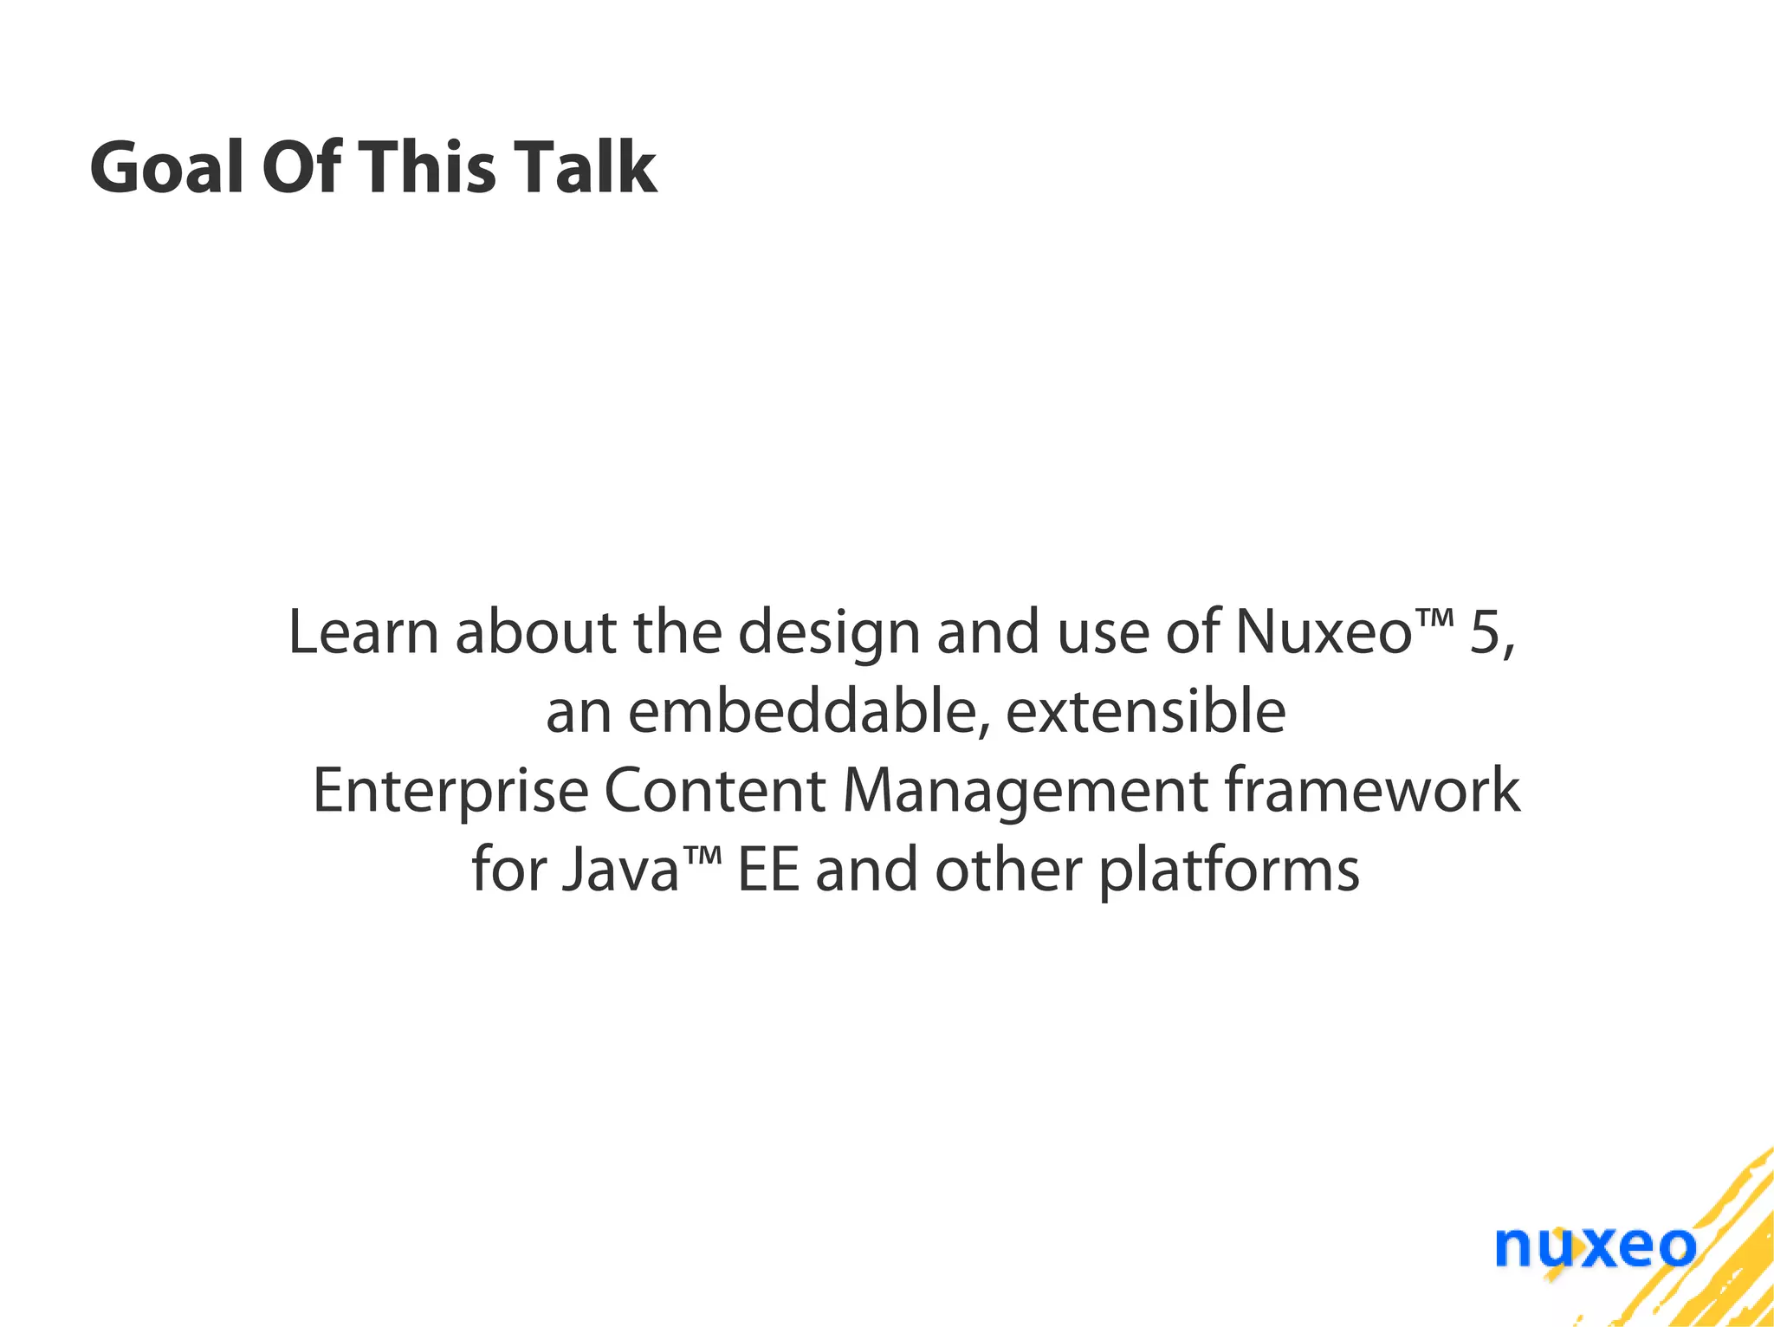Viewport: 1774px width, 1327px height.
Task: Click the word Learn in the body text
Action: click(x=364, y=631)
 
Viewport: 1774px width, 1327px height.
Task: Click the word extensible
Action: click(x=1145, y=711)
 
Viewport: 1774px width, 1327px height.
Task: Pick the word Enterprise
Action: click(x=450, y=791)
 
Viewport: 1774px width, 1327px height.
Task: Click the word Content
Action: click(x=715, y=791)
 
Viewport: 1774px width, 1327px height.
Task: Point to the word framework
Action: click(x=1373, y=791)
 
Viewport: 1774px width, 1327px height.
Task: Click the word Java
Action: click(x=620, y=870)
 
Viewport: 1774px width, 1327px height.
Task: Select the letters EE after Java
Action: click(x=767, y=870)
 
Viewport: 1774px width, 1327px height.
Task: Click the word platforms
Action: click(x=1229, y=871)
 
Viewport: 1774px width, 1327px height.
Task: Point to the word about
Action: click(x=535, y=631)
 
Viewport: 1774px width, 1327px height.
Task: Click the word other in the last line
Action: click(x=1008, y=870)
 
